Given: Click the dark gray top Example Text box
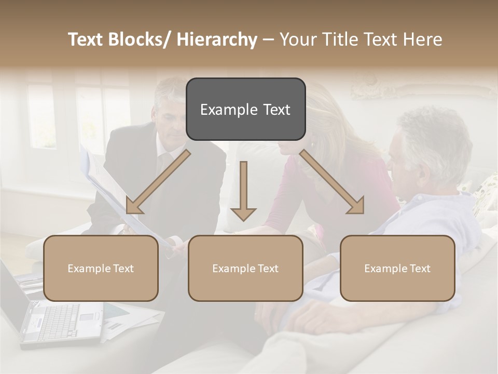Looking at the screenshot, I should [245, 109].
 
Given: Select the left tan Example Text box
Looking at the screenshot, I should [101, 268].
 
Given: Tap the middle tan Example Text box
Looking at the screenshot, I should [245, 268].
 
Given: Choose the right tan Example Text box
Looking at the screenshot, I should [397, 268].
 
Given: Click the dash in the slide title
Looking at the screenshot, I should [268, 40].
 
